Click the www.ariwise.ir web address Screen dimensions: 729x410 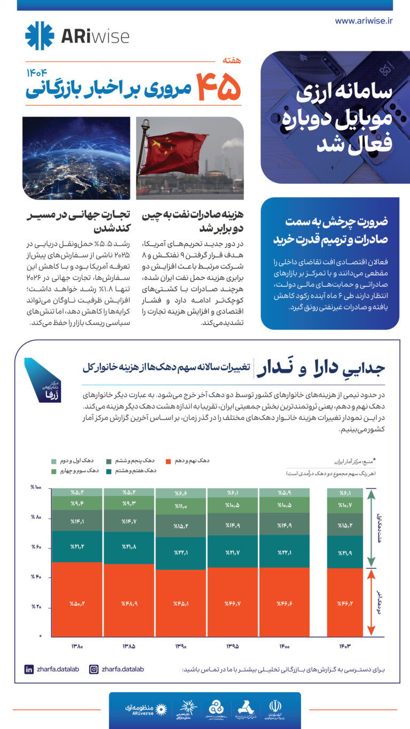[x=364, y=21]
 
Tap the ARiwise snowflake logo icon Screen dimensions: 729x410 [x=40, y=36]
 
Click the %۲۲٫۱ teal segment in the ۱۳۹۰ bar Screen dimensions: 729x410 [x=181, y=553]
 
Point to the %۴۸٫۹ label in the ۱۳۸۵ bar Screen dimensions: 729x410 [x=129, y=603]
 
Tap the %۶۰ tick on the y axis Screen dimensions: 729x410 [x=36, y=547]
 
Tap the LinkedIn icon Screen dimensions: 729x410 [x=29, y=669]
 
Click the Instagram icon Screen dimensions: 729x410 [x=93, y=669]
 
